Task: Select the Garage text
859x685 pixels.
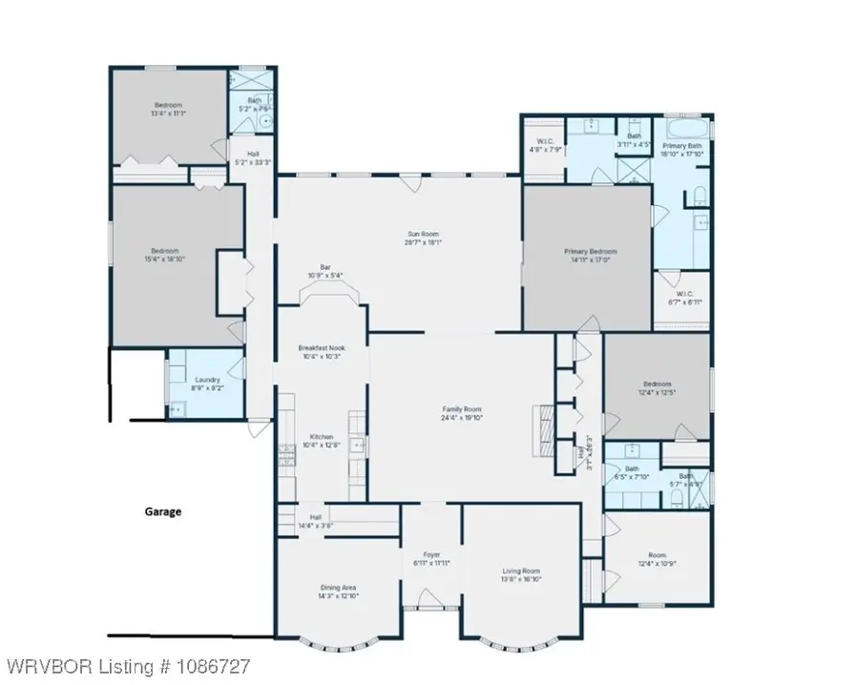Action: (x=162, y=511)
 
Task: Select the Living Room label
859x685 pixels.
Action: (x=521, y=571)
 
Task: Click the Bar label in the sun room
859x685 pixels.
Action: (x=325, y=269)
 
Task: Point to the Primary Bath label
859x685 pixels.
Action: (x=683, y=146)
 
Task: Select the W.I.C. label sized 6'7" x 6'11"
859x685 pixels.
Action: (x=684, y=301)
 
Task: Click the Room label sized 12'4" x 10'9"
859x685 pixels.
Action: (x=657, y=555)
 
